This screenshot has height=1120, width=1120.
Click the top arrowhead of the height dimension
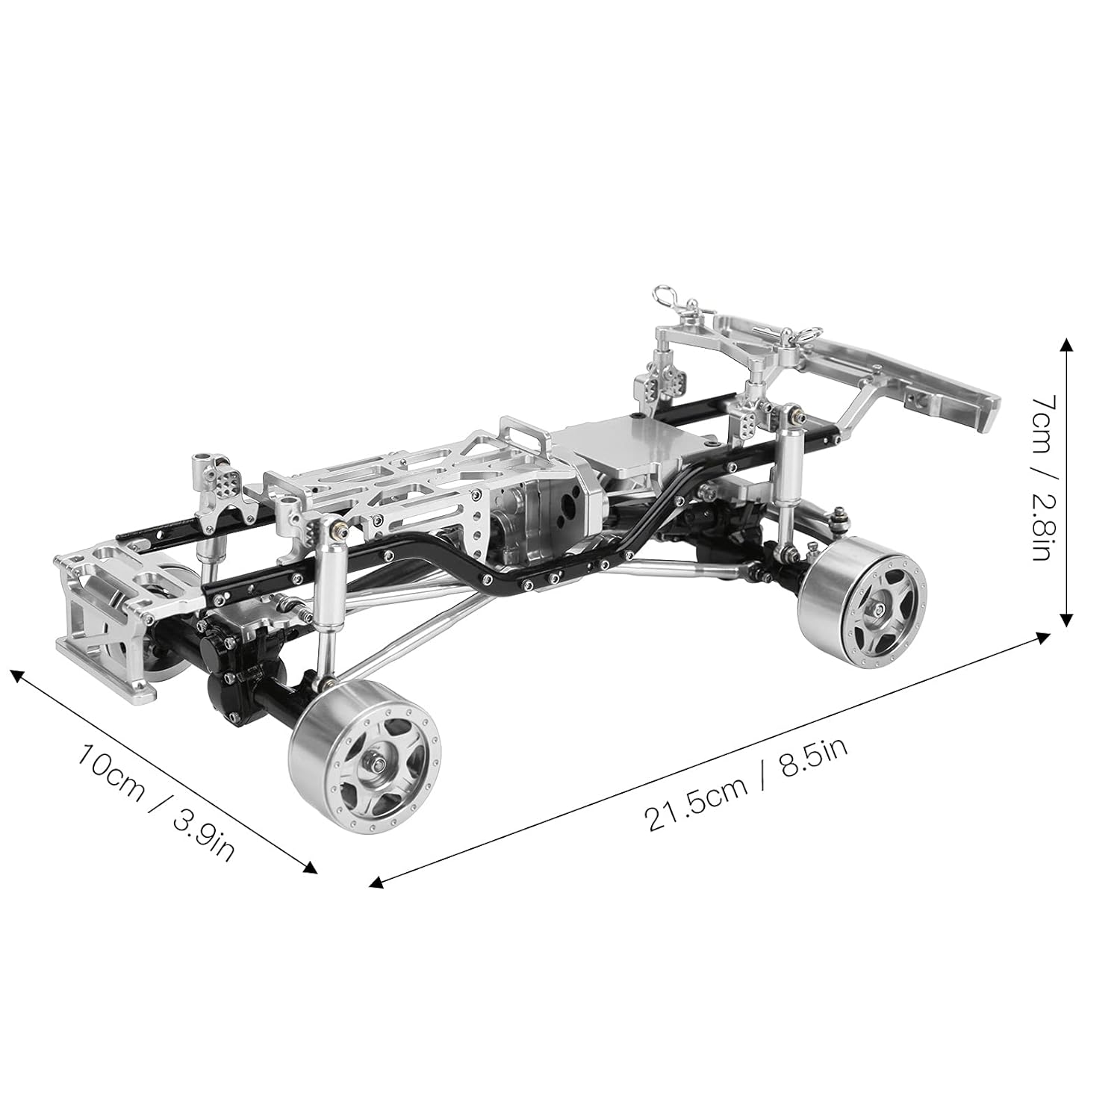(x=1066, y=345)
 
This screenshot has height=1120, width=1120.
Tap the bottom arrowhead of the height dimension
(x=1066, y=617)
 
